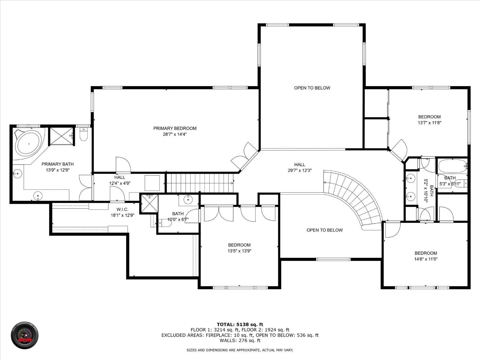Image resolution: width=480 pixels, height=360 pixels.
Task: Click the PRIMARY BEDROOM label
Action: click(x=175, y=128)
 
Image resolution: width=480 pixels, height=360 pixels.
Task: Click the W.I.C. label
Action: click(x=122, y=209)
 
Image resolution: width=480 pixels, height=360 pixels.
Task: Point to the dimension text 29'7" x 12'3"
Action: click(x=300, y=170)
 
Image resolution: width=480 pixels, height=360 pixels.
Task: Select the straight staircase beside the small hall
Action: click(x=199, y=183)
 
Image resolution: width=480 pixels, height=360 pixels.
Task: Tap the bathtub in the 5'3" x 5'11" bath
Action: click(x=452, y=166)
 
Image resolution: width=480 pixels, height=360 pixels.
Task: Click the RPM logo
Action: click(x=25, y=335)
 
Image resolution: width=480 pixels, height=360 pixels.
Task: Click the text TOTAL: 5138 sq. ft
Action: click(x=240, y=324)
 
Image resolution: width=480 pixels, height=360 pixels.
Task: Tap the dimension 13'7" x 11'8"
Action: click(x=429, y=123)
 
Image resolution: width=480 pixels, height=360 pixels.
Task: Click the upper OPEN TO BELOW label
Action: click(x=312, y=88)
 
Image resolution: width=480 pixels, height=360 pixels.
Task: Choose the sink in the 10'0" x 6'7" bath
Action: click(x=188, y=199)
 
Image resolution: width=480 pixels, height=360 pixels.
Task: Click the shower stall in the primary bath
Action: click(x=61, y=136)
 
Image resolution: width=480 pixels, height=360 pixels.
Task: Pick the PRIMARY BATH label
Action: click(x=58, y=164)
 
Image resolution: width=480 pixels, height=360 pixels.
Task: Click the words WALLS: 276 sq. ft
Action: click(x=240, y=340)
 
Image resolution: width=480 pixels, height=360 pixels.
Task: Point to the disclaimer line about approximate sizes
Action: click(x=240, y=350)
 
